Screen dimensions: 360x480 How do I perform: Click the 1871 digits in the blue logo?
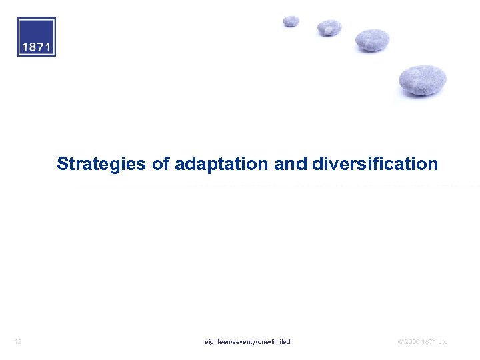36,47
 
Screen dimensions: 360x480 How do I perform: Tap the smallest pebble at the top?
291,21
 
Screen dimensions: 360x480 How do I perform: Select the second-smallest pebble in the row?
329,27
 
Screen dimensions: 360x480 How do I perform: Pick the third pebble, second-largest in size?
372,40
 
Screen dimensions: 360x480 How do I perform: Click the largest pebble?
423,80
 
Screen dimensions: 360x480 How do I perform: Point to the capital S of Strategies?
62,164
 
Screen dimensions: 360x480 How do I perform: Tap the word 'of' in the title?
161,164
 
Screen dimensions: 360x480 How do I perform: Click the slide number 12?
18,342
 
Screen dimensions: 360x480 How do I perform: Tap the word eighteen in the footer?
217,342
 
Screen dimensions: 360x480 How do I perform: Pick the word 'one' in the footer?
263,342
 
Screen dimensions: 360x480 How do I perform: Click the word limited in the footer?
281,342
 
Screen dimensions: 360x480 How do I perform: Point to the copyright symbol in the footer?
400,342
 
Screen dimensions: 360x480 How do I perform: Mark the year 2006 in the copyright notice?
411,342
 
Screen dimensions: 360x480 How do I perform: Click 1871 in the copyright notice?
429,342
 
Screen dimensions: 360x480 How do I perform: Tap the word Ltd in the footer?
443,342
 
